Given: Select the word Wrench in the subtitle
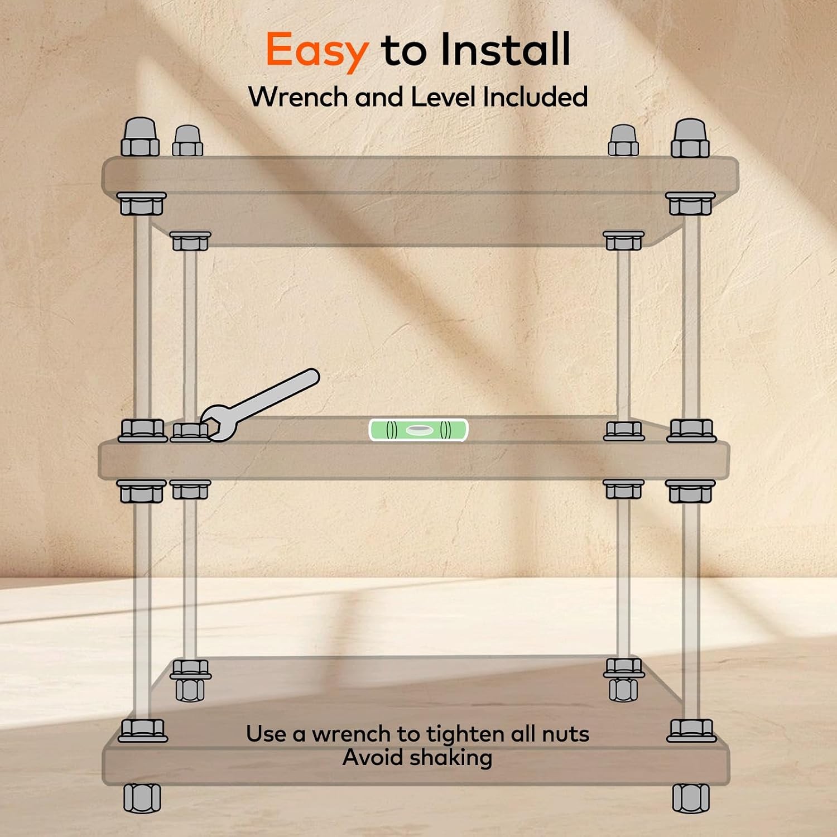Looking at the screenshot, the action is click(x=298, y=97).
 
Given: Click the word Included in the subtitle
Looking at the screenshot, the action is click(x=535, y=97).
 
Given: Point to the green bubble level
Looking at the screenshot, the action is click(x=419, y=430).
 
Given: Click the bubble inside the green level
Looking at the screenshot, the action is click(x=419, y=430).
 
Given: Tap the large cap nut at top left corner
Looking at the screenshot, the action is click(x=140, y=137).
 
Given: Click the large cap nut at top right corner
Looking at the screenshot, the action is click(x=690, y=137).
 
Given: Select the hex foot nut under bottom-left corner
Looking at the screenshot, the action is click(x=142, y=798).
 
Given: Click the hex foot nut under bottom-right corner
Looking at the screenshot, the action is click(x=691, y=798).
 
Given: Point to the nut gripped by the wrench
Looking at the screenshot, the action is click(x=190, y=432).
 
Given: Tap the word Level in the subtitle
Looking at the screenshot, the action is click(x=443, y=97).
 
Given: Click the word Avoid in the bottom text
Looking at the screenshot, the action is click(x=370, y=758).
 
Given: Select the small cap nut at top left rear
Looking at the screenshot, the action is click(x=187, y=141).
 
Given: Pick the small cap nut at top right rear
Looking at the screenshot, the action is click(x=623, y=141).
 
